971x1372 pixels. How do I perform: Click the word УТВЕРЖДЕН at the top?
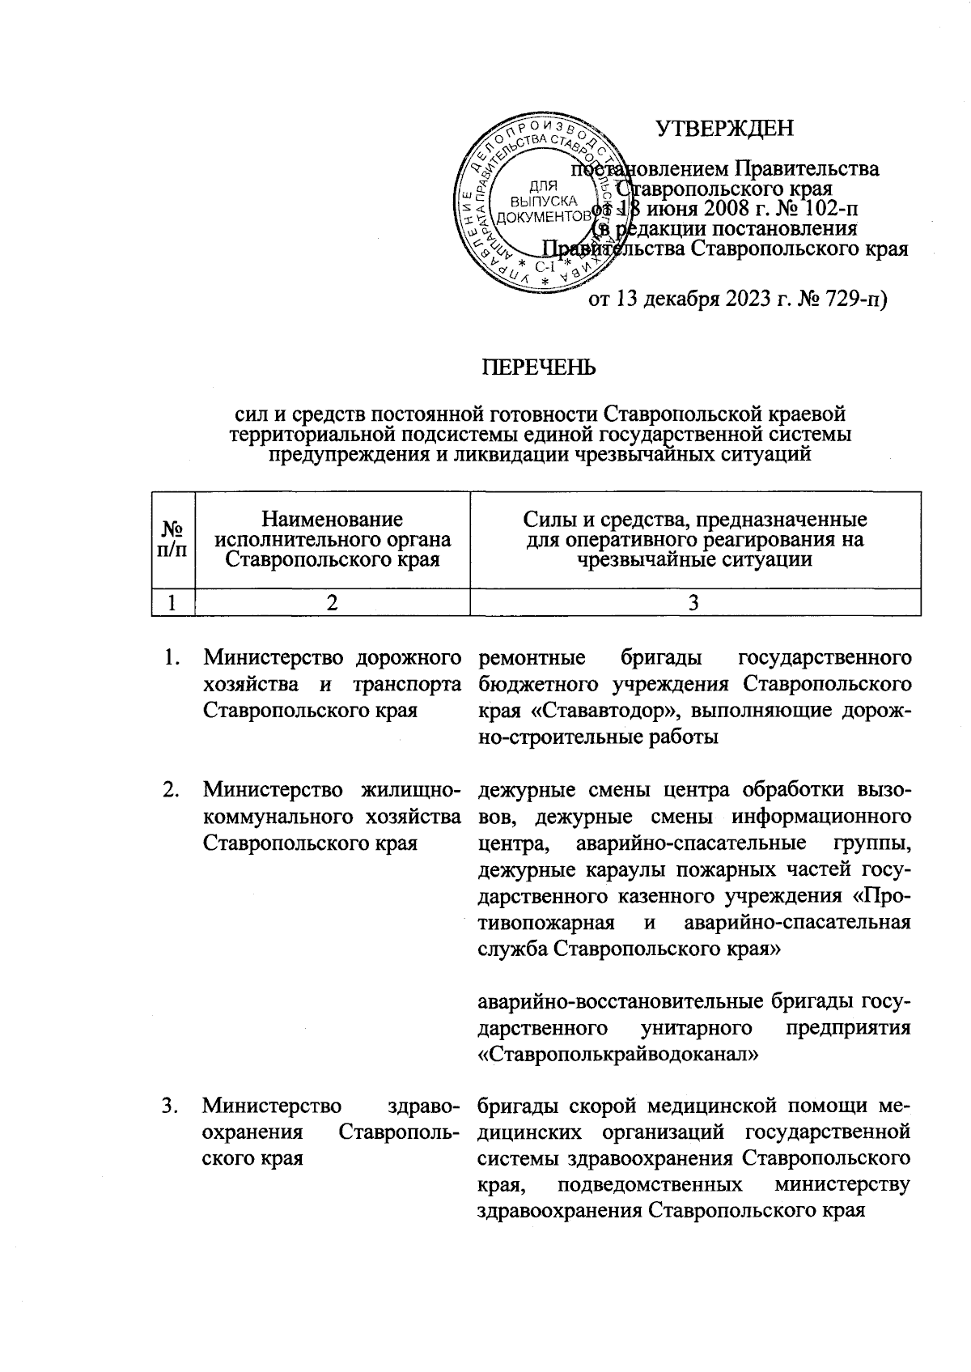(724, 129)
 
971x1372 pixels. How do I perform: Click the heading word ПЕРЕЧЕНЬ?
(539, 367)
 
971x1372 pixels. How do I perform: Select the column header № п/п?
(173, 538)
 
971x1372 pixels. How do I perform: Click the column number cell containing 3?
(695, 602)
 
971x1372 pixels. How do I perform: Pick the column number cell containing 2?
(333, 602)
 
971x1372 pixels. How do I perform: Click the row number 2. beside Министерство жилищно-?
(170, 790)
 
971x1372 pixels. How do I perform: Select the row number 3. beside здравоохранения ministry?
(170, 1106)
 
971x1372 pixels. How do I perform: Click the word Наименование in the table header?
(333, 518)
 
